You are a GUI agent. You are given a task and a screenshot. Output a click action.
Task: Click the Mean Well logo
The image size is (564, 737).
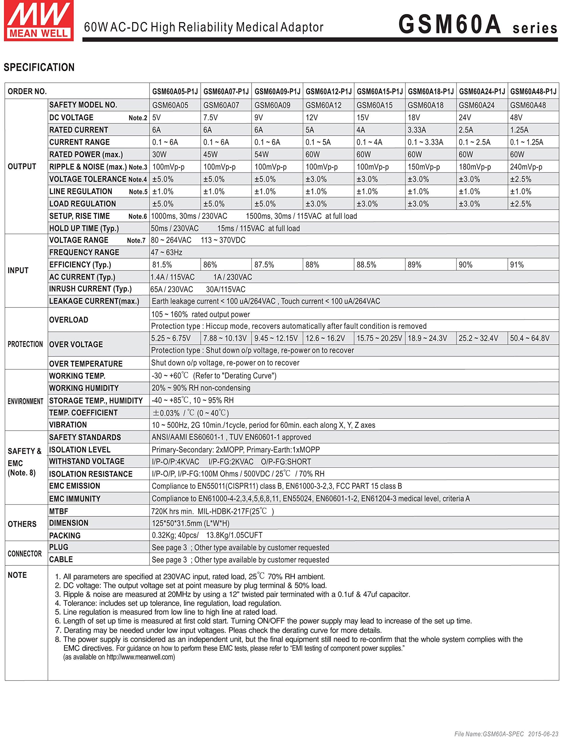click(39, 21)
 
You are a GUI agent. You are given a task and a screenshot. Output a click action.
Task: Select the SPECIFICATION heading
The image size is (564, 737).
click(39, 67)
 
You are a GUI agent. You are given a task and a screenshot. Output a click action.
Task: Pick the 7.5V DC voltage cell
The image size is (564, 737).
click(210, 117)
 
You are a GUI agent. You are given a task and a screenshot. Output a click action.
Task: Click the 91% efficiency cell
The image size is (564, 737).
click(517, 265)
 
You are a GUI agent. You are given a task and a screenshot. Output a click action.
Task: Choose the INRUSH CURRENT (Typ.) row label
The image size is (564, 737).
click(90, 289)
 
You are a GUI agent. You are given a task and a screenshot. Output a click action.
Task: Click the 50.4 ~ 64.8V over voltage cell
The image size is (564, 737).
click(529, 338)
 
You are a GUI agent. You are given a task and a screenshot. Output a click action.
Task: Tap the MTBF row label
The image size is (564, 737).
click(59, 511)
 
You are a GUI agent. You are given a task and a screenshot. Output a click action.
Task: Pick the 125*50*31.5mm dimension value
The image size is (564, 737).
click(190, 523)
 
